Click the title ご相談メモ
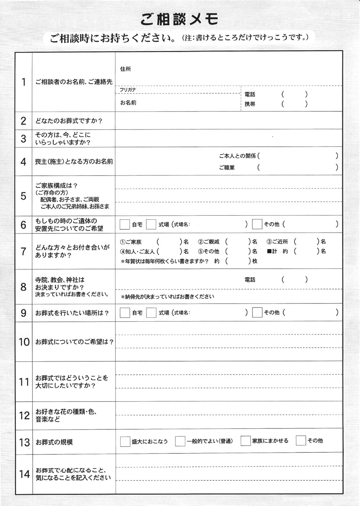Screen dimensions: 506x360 click(x=179, y=19)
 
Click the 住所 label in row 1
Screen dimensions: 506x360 click(x=126, y=69)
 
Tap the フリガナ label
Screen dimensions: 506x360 click(x=128, y=90)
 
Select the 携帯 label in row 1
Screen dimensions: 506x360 click(x=250, y=104)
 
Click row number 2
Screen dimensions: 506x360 click(x=23, y=121)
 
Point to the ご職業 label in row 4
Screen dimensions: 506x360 click(x=227, y=167)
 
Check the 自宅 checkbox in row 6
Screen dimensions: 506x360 click(x=125, y=224)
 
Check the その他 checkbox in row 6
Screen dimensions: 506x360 click(x=257, y=224)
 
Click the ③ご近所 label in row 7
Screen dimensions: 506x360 click(x=277, y=242)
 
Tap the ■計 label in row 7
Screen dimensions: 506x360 click(x=272, y=251)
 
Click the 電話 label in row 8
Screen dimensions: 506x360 click(x=250, y=279)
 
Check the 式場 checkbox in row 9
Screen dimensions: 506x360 click(x=151, y=313)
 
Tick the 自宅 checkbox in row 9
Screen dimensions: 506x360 click(x=125, y=313)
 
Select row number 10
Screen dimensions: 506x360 click(x=24, y=342)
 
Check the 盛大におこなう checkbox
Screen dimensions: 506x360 click(x=125, y=441)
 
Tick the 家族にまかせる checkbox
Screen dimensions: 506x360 click(x=246, y=441)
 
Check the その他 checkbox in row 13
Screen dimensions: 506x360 click(x=301, y=440)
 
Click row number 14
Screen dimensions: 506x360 click(x=24, y=474)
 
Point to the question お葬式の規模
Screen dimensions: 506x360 click(x=54, y=442)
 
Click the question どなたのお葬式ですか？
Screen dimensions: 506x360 click(x=69, y=121)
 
